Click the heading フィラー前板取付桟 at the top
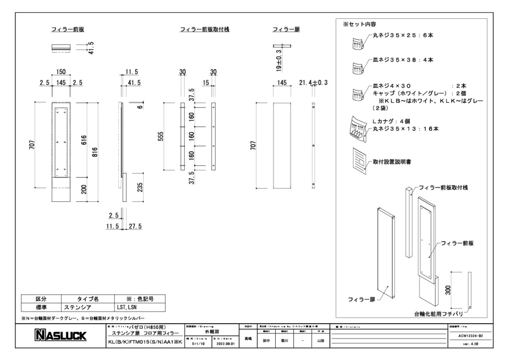click(205, 30)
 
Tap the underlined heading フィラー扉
click(286, 30)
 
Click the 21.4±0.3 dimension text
click(313, 83)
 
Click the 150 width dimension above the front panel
click(61, 72)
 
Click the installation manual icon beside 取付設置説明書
click(359, 159)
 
